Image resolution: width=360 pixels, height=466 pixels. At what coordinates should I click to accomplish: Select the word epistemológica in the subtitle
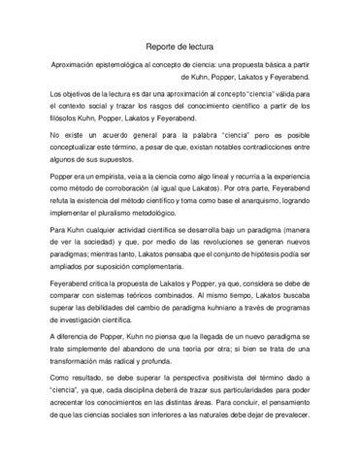point(131,64)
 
